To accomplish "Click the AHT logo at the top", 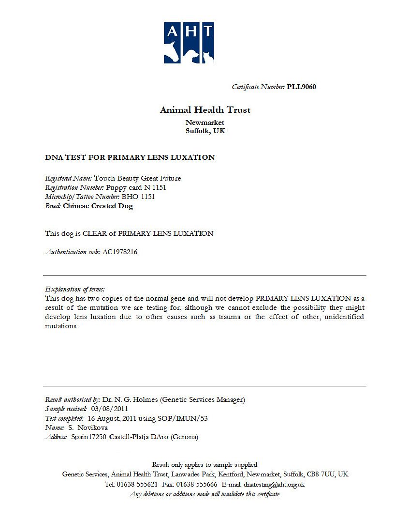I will pyautogui.click(x=189, y=43).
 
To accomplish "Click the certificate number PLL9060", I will pyautogui.click(x=301, y=87).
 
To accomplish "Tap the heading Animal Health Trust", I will pyautogui.click(x=205, y=110).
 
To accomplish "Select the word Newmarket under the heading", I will pyautogui.click(x=205, y=122).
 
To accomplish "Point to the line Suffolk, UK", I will pyautogui.click(x=205, y=131).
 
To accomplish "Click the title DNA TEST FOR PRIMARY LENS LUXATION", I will pyautogui.click(x=130, y=157).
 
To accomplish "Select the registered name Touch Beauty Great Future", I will pyautogui.click(x=137, y=178).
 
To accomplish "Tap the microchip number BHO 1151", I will pyautogui.click(x=138, y=197).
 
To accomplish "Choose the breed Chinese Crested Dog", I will pyautogui.click(x=98, y=206).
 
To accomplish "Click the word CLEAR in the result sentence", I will pyautogui.click(x=94, y=233).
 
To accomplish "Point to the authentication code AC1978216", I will pyautogui.click(x=120, y=252).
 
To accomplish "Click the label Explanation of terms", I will pyautogui.click(x=74, y=289).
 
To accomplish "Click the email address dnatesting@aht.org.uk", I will pyautogui.click(x=274, y=484).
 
